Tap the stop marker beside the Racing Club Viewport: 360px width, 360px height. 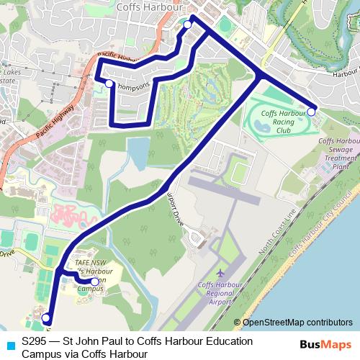pos(312,112)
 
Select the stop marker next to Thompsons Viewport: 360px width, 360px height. pos(109,84)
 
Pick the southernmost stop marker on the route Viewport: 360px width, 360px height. pos(45,318)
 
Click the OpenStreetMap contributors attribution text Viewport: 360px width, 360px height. pos(297,323)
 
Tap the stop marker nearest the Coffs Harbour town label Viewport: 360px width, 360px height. pos(187,24)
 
